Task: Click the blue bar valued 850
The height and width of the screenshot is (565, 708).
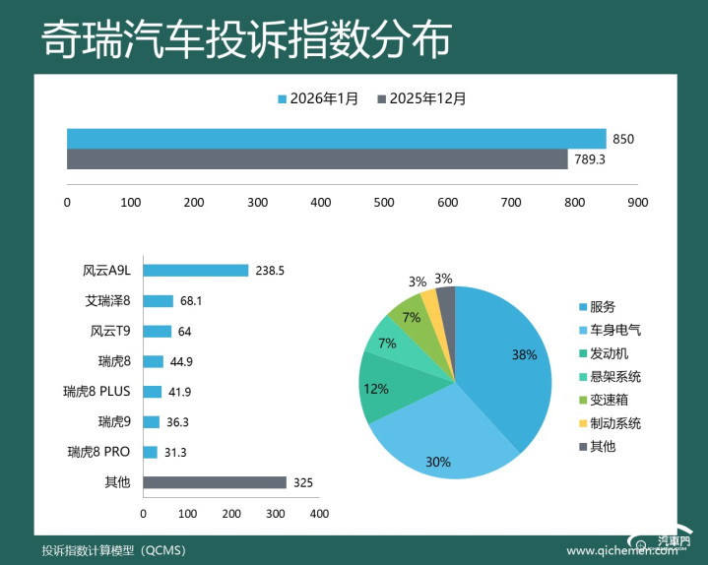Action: tap(336, 138)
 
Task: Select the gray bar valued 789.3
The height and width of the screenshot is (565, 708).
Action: tap(317, 159)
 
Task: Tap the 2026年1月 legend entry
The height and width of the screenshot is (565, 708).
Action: tap(318, 98)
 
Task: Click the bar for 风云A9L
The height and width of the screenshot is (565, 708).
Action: tap(195, 271)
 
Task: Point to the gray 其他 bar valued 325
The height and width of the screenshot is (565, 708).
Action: tap(215, 482)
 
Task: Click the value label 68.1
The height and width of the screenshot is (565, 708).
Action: tap(191, 300)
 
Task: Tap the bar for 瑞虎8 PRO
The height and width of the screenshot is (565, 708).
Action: tap(150, 452)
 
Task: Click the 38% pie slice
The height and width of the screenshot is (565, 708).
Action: tap(507, 364)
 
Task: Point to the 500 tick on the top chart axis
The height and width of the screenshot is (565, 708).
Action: tap(384, 203)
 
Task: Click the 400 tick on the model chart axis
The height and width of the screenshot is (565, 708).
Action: tap(319, 514)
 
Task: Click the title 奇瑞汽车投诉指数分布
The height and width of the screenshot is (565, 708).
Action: tap(246, 41)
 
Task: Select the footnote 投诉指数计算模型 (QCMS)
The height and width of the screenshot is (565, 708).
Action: tap(107, 549)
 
